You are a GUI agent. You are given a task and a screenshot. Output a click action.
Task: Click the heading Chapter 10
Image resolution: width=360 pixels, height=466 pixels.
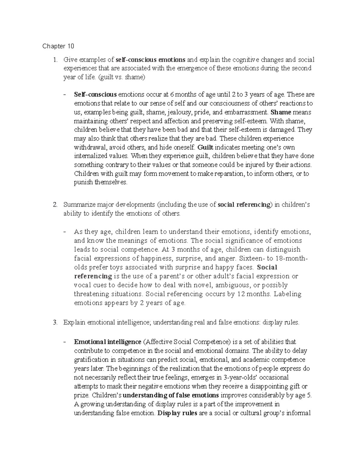click(58, 46)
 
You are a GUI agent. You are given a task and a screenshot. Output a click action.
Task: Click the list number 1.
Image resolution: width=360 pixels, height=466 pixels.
click(55, 60)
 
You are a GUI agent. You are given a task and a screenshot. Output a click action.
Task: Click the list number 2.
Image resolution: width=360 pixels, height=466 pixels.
click(55, 205)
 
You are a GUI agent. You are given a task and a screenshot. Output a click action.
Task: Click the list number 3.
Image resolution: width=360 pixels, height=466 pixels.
click(55, 323)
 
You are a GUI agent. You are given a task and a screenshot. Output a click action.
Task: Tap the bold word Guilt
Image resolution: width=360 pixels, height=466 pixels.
click(205, 148)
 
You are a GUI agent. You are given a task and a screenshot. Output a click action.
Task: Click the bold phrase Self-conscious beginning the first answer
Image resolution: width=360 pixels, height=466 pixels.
click(95, 95)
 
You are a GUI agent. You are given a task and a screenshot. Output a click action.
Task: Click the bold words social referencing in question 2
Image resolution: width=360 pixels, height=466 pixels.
click(244, 205)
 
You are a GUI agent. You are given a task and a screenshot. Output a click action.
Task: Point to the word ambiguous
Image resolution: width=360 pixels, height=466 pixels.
click(227, 285)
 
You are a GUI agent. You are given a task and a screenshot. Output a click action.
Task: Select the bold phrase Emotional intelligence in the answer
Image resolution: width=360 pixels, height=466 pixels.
click(108, 342)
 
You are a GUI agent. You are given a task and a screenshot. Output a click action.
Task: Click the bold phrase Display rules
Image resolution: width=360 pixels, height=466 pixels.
click(177, 413)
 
